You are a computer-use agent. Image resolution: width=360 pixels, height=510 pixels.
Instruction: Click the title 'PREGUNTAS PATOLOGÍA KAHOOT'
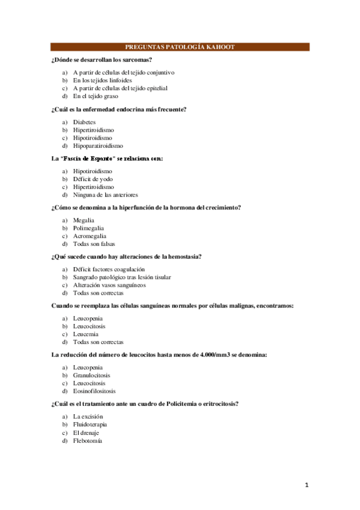(x=180, y=47)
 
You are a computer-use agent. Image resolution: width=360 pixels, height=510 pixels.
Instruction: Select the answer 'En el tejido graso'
(x=96, y=96)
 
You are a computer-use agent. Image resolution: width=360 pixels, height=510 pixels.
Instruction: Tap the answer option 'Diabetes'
(x=84, y=121)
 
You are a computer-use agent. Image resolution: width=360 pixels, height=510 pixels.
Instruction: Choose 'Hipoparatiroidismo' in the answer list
(x=98, y=145)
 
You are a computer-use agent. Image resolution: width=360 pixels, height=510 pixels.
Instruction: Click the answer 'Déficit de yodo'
(x=93, y=179)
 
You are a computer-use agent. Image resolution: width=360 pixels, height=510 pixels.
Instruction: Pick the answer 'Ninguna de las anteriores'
(x=105, y=195)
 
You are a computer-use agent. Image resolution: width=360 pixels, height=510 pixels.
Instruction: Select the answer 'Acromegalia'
(x=90, y=236)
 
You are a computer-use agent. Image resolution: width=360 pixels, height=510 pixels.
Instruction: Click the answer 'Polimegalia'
(x=88, y=229)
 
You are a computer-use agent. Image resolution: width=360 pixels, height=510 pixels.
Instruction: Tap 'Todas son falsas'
(x=94, y=244)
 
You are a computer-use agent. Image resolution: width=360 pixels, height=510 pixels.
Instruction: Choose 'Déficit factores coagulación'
(x=109, y=269)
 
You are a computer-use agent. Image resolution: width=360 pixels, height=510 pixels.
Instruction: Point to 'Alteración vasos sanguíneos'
(x=109, y=285)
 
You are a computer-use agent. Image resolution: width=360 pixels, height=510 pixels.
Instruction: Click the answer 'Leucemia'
(x=86, y=334)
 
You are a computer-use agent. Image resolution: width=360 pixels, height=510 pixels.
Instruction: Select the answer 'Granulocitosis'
(x=91, y=375)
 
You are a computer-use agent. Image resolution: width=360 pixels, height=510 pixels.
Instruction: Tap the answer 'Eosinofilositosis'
(x=94, y=391)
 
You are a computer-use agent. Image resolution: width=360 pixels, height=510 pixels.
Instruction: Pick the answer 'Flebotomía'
(x=88, y=441)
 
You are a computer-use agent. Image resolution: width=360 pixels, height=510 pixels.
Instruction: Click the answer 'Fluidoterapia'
(x=90, y=425)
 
